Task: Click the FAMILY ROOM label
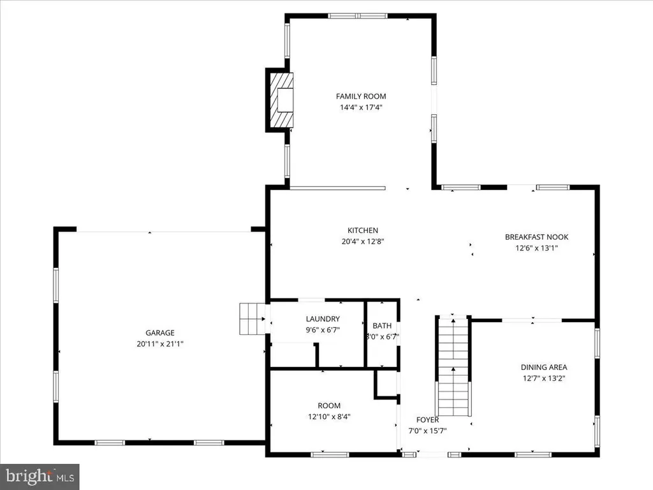tap(361, 96)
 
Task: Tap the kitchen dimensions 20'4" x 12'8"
tap(363, 241)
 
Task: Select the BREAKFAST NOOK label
tap(537, 237)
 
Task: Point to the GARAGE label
tap(160, 333)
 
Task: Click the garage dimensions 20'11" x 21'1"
tap(160, 344)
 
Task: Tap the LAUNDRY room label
tap(323, 319)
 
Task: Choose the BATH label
tap(382, 326)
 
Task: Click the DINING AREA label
tap(544, 367)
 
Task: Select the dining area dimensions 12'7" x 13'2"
tap(544, 378)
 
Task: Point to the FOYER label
tap(427, 420)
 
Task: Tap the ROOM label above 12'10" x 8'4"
tap(329, 406)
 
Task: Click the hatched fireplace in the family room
tap(281, 100)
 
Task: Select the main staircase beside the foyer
tap(453, 366)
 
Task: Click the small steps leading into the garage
tap(253, 319)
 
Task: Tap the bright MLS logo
tap(40, 477)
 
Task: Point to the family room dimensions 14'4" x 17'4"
tap(361, 107)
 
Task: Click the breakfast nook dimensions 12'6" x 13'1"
tap(537, 248)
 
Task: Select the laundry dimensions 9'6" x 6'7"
tap(323, 330)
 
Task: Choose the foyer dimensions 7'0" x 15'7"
tap(427, 431)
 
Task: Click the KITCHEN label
tap(363, 230)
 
